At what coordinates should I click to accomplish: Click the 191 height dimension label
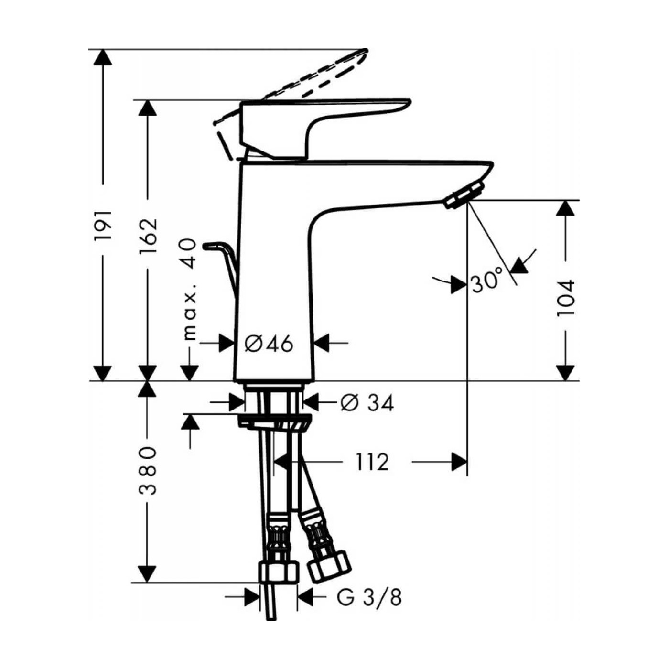point(103,225)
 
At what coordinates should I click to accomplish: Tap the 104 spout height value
point(566,298)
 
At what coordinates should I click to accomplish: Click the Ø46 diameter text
point(269,344)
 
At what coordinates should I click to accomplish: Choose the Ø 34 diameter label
point(367,403)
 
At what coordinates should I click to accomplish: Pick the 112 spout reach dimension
point(372,462)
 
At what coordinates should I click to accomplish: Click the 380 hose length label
point(148,471)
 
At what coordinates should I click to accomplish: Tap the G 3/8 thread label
point(369,597)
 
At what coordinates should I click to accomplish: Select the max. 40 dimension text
point(190,289)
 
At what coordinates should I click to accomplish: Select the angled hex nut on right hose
point(328,566)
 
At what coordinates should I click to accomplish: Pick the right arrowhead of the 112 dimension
point(459,462)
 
